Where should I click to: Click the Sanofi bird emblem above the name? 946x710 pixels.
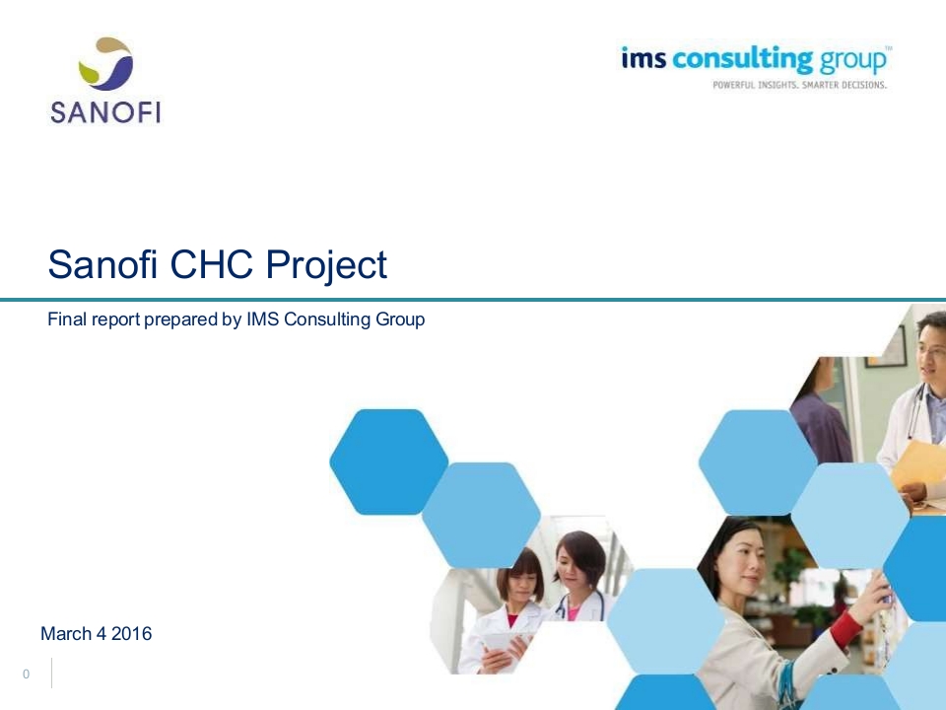[105, 63]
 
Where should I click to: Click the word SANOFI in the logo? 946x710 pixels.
[105, 112]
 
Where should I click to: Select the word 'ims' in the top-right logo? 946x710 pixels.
[643, 58]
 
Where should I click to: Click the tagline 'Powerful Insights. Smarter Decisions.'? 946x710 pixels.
[799, 85]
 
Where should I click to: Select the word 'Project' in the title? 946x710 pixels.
[326, 265]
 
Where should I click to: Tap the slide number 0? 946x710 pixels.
[26, 674]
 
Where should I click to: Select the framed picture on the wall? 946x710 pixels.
[886, 348]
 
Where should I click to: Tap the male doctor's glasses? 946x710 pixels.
[933, 349]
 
